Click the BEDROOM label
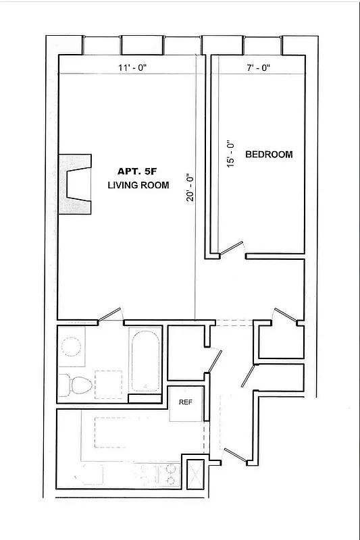click(x=269, y=155)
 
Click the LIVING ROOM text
click(x=138, y=186)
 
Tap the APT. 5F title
click(x=137, y=171)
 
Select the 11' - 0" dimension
click(x=132, y=67)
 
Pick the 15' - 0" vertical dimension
click(x=230, y=154)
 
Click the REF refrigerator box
click(x=185, y=402)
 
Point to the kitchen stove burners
click(x=170, y=475)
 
